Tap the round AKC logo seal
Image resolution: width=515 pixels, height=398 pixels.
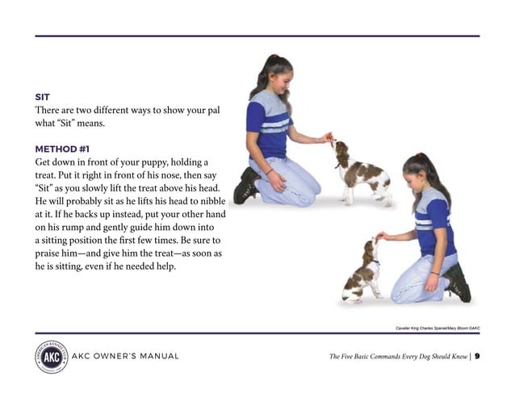(51, 356)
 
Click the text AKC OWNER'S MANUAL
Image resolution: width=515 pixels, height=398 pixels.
(125, 357)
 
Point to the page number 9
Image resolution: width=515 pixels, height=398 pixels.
(477, 357)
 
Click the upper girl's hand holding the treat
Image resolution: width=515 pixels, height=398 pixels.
(324, 138)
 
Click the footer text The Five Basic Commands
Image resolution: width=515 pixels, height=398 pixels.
(396, 357)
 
